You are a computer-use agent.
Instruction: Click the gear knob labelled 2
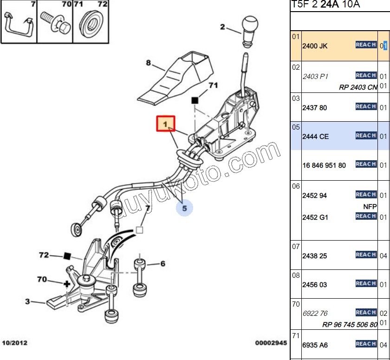pyautogui.click(x=250, y=32)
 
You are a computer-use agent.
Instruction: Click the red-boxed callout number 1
pyautogui.click(x=166, y=124)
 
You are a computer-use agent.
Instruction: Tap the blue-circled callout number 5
pyautogui.click(x=184, y=208)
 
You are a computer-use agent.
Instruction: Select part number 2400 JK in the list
pyautogui.click(x=315, y=46)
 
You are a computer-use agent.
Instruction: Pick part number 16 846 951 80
pyautogui.click(x=324, y=165)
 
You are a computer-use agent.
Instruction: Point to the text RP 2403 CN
pyautogui.click(x=358, y=87)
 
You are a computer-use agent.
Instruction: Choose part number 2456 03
pyautogui.click(x=315, y=285)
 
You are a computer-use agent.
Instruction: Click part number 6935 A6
pyautogui.click(x=315, y=345)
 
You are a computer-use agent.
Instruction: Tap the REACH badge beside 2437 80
pyautogui.click(x=366, y=106)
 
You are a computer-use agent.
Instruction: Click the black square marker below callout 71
pyautogui.click(x=195, y=100)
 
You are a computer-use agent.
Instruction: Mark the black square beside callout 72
pyautogui.click(x=67, y=256)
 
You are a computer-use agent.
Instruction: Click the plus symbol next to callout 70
pyautogui.click(x=67, y=284)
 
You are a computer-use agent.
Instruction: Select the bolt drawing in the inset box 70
pyautogui.click(x=56, y=23)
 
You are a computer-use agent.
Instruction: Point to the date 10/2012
pyautogui.click(x=15, y=343)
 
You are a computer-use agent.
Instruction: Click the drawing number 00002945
pyautogui.click(x=271, y=343)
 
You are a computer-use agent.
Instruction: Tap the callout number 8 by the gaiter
pyautogui.click(x=148, y=63)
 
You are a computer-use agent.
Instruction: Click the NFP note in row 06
pyautogui.click(x=370, y=207)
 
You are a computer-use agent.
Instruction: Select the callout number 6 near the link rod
pyautogui.click(x=162, y=264)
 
